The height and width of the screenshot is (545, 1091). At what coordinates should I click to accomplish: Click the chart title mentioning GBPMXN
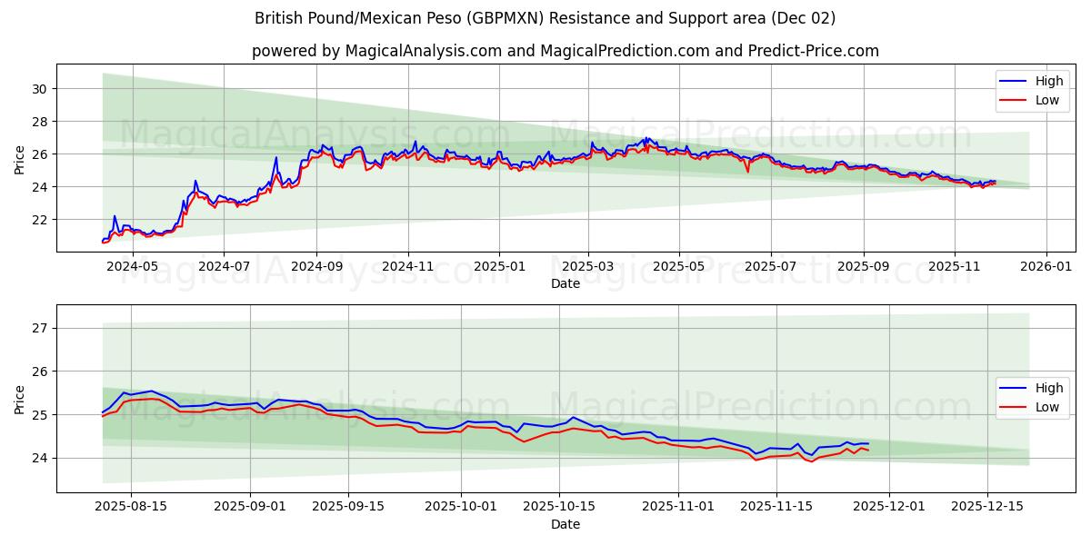click(x=545, y=18)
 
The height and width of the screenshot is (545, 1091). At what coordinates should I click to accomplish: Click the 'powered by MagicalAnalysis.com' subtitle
click(x=565, y=51)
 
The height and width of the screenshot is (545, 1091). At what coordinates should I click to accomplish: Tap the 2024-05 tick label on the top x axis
click(x=133, y=268)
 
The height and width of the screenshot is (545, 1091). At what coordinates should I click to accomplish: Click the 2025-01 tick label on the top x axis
click(x=498, y=268)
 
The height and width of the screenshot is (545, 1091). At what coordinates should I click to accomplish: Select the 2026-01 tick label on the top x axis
click(x=1046, y=268)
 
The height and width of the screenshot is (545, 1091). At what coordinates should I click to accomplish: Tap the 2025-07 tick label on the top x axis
click(x=770, y=268)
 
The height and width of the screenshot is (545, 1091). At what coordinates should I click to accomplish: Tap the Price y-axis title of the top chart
click(x=20, y=159)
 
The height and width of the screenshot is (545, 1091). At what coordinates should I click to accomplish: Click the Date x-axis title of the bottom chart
click(x=565, y=524)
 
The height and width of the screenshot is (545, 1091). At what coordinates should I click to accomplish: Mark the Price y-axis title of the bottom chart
click(x=20, y=399)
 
